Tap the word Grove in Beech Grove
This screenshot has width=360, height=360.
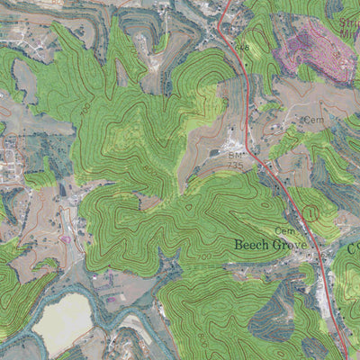(292, 244)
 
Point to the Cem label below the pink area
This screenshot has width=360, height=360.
(313, 120)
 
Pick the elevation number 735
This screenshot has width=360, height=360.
(236, 166)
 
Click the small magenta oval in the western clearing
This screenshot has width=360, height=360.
(66, 239)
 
